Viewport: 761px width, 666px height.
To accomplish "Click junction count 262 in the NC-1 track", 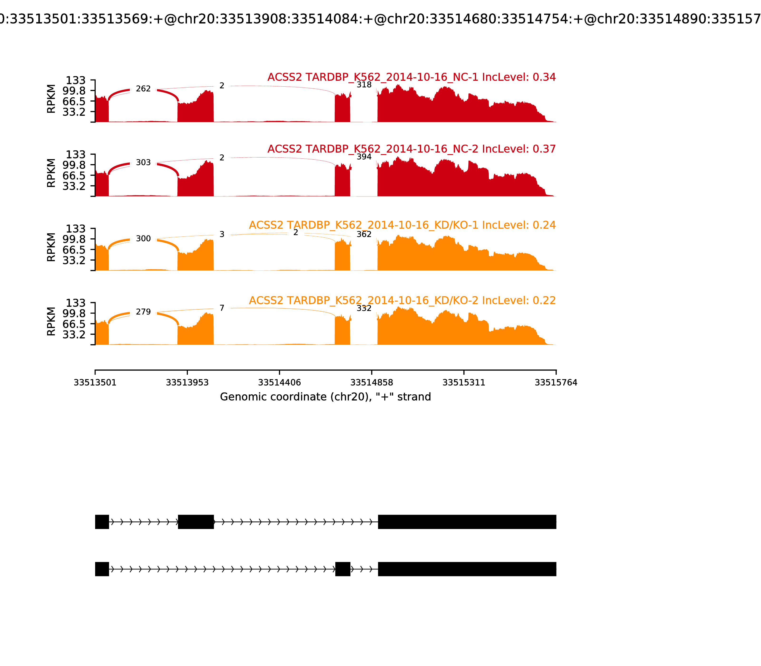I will click(x=143, y=89).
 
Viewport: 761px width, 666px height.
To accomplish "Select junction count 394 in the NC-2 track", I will click(x=364, y=157).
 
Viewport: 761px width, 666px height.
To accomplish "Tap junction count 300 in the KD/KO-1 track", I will click(x=143, y=239).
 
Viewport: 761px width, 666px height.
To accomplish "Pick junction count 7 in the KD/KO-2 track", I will click(x=222, y=308).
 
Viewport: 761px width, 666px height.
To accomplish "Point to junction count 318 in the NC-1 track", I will click(x=364, y=85).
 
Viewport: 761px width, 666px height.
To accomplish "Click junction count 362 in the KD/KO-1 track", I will click(x=364, y=234).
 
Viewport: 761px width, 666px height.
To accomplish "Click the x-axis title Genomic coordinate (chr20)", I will click(x=325, y=397).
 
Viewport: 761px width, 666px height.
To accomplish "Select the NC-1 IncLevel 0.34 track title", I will click(x=411, y=77).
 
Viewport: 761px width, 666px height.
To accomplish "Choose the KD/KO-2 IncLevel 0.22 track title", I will click(x=402, y=300).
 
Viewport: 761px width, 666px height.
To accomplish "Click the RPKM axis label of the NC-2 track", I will click(x=51, y=173).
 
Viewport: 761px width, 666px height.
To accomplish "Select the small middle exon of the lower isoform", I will click(x=343, y=569).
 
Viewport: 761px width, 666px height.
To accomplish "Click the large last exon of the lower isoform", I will click(x=467, y=569).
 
